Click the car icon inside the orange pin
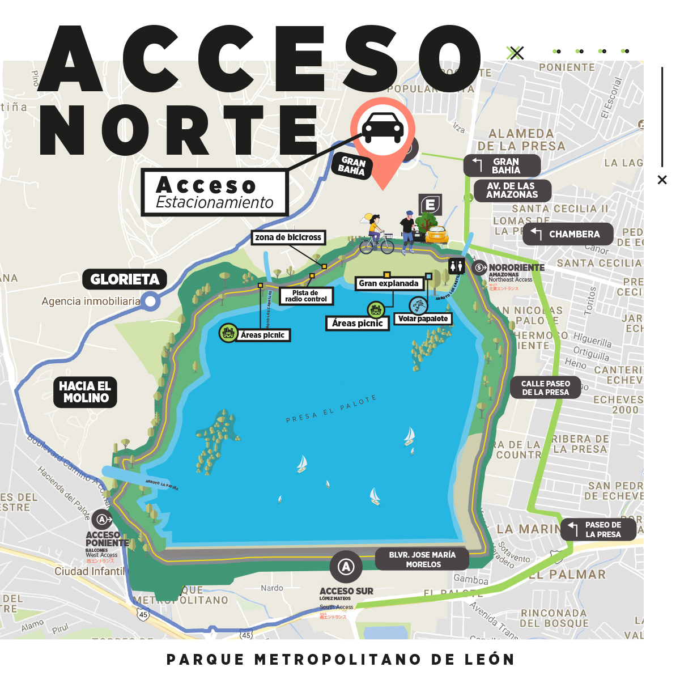384,129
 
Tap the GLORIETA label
125,279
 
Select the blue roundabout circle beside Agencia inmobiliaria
150,301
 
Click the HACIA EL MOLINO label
86,392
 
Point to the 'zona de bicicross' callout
288,237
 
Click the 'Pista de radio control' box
306,296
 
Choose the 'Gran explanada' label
389,283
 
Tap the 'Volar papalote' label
423,318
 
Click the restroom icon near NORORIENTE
456,266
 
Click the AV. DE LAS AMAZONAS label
511,190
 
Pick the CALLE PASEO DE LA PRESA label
545,388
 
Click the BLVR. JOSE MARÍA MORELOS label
422,559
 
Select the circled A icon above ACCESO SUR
346,566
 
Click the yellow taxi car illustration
436,234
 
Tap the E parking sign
431,205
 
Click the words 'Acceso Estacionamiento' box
215,193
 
